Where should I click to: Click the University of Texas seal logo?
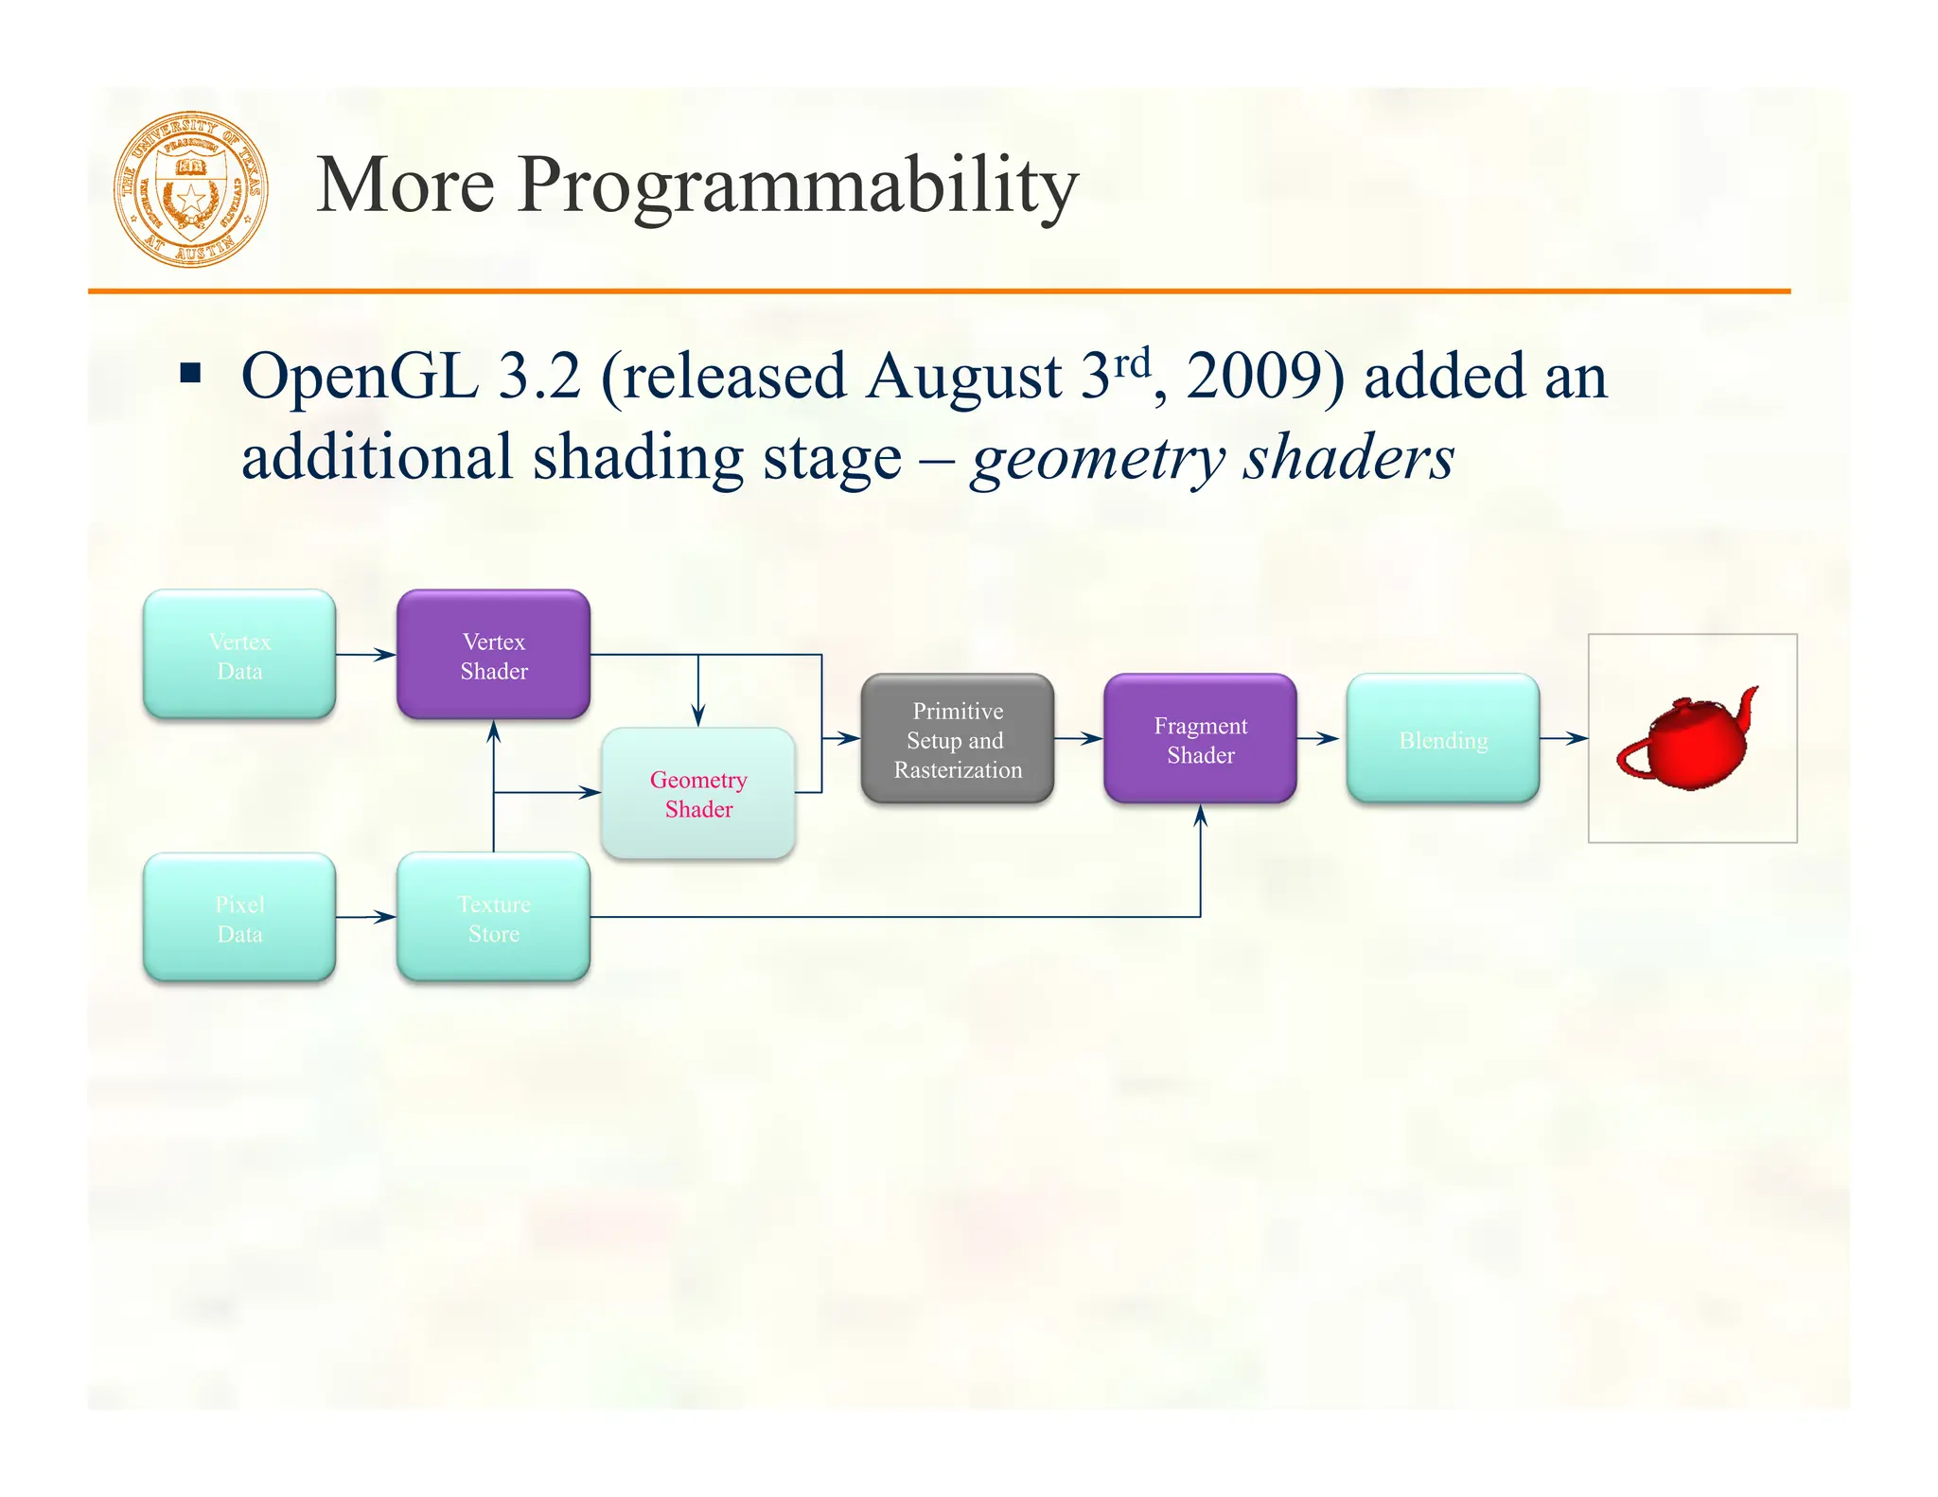[191, 188]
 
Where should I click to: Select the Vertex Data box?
[239, 655]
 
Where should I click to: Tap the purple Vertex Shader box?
[493, 655]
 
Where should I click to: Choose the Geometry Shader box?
[698, 793]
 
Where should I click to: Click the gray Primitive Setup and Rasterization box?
[958, 739]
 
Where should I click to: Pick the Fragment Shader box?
[1200, 739]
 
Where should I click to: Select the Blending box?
[1443, 739]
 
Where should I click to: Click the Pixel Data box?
[239, 918]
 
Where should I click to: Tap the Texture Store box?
[493, 918]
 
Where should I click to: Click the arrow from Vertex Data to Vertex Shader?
[366, 655]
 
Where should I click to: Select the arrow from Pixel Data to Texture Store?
[366, 917]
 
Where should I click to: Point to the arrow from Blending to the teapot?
[1563, 738]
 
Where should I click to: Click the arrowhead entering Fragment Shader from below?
[1200, 816]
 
